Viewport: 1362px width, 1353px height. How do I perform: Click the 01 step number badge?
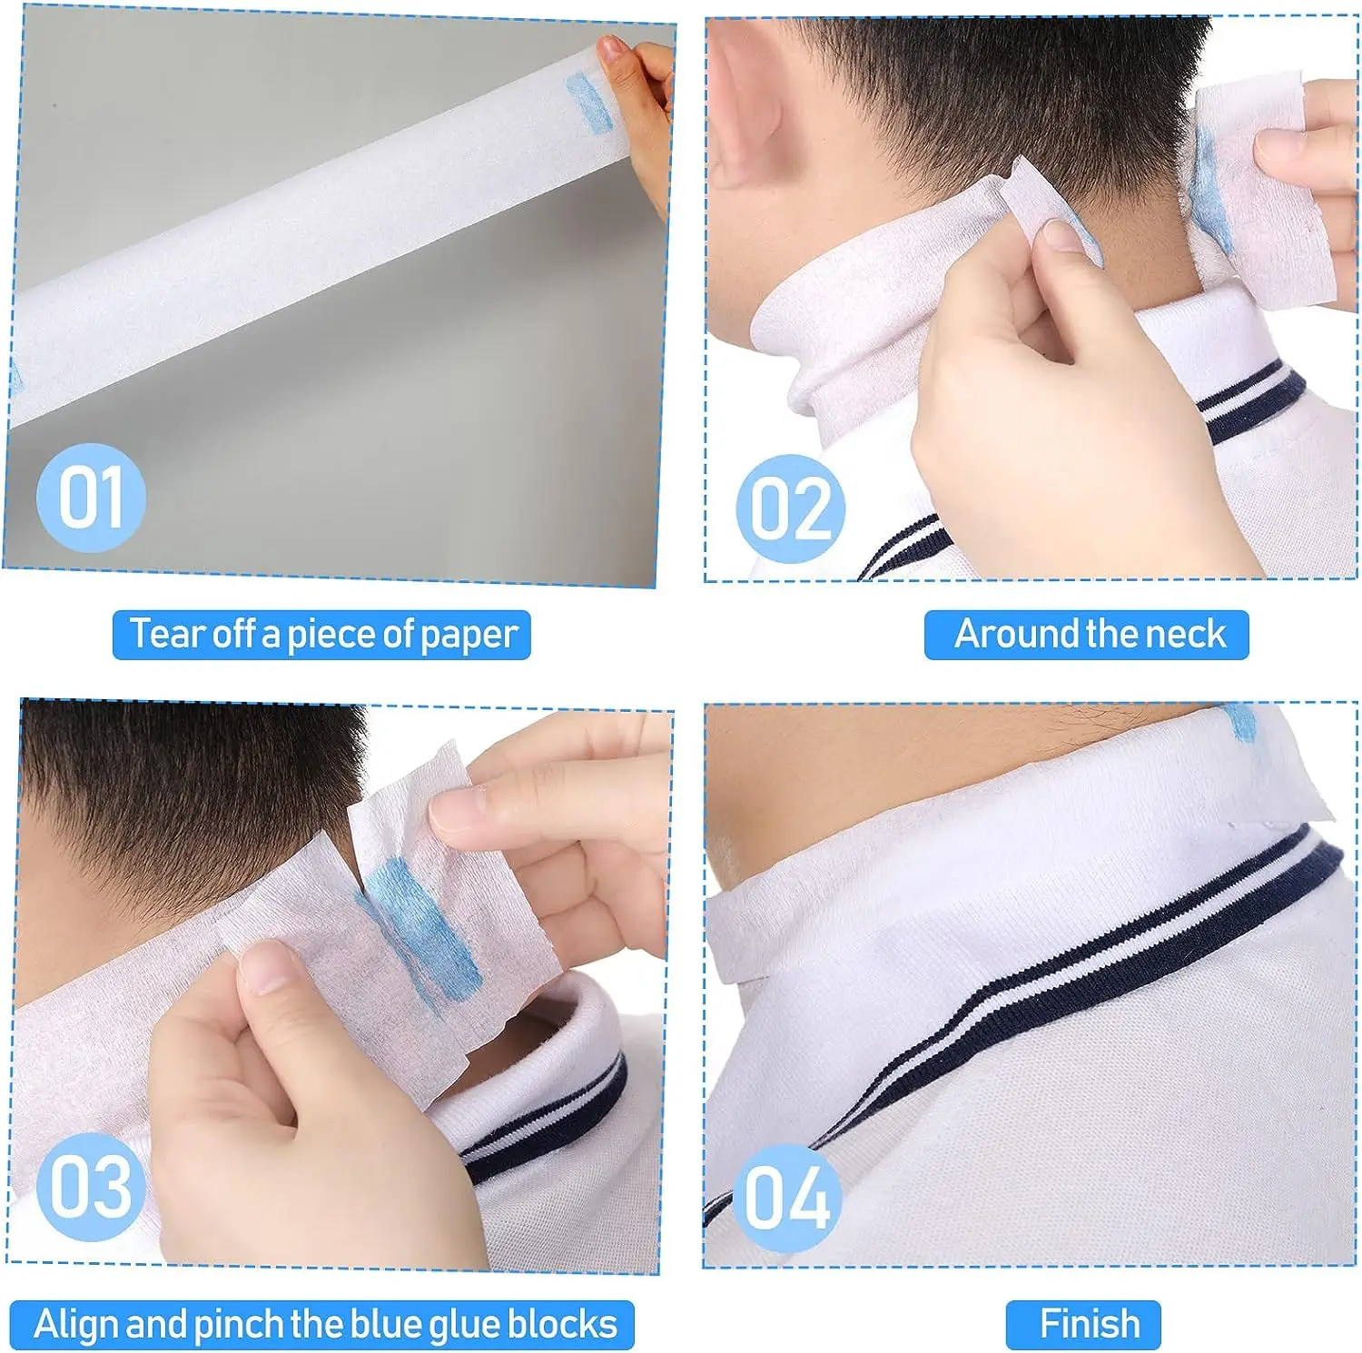pos(91,498)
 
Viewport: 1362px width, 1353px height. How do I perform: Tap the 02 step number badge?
pos(791,509)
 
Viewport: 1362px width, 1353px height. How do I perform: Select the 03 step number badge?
pos(91,1186)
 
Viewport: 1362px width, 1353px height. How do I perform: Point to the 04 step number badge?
pos(787,1198)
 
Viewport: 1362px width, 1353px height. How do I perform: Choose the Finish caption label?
pos(1089,1324)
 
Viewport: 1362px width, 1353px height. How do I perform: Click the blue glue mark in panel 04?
pos(1240,722)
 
